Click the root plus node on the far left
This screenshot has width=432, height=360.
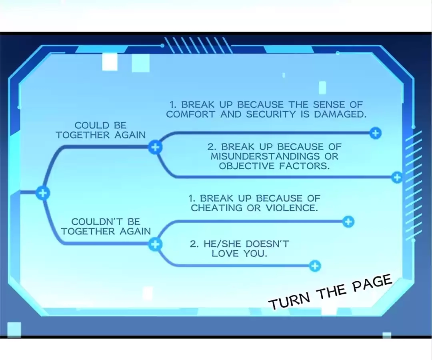[x=43, y=193]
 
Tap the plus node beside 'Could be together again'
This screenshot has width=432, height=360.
[x=155, y=147]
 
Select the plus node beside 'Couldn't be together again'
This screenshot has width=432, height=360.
[x=155, y=244]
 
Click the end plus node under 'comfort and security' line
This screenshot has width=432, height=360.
[x=375, y=133]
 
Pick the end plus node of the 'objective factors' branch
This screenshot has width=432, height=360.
[x=397, y=177]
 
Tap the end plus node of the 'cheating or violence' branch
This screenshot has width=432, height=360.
[x=348, y=222]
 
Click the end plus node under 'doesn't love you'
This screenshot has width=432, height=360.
[x=315, y=266]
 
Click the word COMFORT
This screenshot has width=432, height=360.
[x=190, y=114]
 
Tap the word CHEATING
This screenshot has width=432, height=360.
[x=216, y=208]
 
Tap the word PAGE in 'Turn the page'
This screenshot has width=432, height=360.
[x=372, y=284]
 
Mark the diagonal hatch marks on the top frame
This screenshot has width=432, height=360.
[x=198, y=45]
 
